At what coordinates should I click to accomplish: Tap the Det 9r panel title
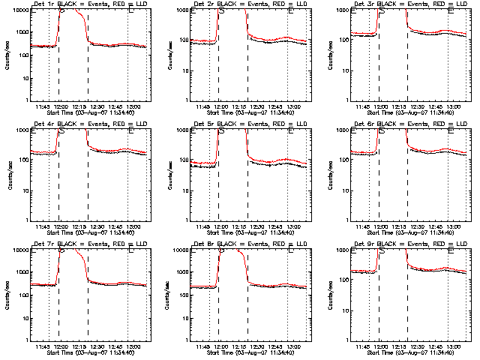409,244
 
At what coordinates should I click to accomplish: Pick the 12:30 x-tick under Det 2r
256,106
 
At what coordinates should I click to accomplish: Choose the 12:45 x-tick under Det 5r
274,226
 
